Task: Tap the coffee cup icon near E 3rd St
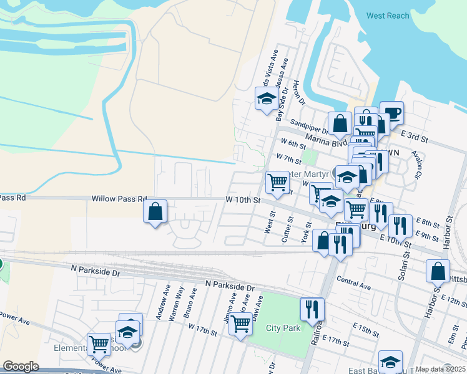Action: (392, 113)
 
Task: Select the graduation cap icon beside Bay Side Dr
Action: (266, 98)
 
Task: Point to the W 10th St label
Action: (242, 199)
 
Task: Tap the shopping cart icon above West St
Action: (277, 183)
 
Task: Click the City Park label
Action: (283, 328)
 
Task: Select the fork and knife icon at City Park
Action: (312, 309)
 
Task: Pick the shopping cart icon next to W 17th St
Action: (240, 324)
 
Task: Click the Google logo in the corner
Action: (21, 367)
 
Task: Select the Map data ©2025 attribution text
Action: (440, 369)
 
